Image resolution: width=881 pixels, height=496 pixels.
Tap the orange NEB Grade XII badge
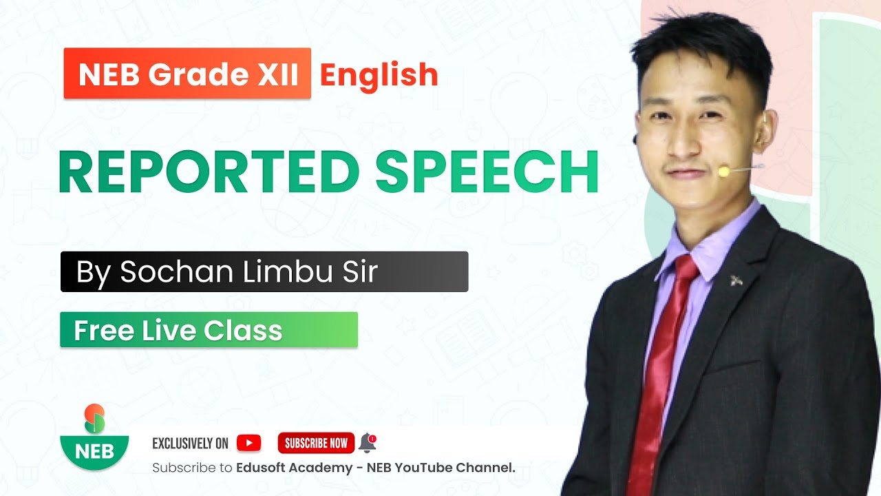(x=187, y=74)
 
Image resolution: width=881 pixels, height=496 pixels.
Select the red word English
(x=379, y=74)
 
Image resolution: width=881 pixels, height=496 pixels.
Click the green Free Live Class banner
(x=209, y=330)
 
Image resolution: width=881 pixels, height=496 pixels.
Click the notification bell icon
(x=368, y=442)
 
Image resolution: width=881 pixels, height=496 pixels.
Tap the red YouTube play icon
(x=248, y=443)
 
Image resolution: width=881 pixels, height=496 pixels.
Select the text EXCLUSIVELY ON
(x=190, y=443)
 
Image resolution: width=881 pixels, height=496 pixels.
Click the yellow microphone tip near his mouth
(x=724, y=171)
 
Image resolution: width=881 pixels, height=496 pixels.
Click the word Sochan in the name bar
(x=176, y=271)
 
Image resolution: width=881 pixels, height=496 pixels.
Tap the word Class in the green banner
(x=251, y=331)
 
